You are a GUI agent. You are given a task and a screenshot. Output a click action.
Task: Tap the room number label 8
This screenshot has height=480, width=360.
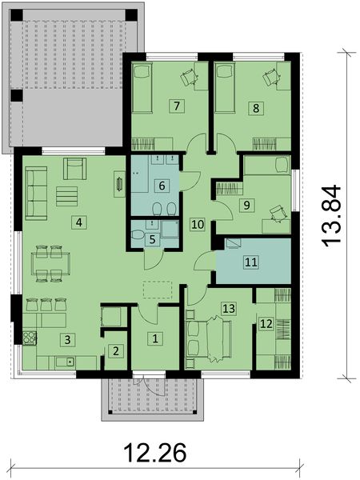(x=256, y=106)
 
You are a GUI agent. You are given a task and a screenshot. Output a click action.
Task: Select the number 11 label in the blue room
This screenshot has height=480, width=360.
(x=250, y=262)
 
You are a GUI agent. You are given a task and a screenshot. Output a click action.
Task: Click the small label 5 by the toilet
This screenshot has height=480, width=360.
(x=154, y=238)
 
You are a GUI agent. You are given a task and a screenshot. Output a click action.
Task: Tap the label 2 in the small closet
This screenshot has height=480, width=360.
(x=116, y=350)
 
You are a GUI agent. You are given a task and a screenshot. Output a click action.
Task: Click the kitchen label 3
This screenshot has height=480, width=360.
(x=69, y=340)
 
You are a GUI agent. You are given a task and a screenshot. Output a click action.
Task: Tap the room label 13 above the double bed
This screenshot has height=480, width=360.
(x=228, y=308)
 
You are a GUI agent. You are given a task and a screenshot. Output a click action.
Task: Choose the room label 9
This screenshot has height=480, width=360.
(x=247, y=206)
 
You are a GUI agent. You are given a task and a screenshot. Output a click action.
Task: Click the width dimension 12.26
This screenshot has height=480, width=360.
(x=157, y=454)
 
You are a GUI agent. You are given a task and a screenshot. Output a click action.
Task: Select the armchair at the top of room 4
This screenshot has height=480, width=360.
(x=75, y=168)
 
